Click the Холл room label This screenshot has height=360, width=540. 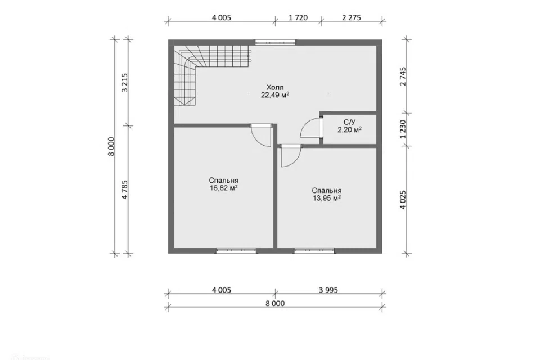click(x=275, y=88)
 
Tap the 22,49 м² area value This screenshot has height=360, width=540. click(x=275, y=95)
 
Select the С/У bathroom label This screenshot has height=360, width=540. click(x=349, y=122)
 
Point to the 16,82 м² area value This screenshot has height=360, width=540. click(x=224, y=188)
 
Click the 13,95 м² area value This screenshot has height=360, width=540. click(x=327, y=198)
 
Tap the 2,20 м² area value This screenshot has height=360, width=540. click(x=349, y=130)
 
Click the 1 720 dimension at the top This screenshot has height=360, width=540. click(x=298, y=17)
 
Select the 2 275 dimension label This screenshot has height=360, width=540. click(x=352, y=17)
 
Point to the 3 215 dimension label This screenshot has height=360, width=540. click(x=124, y=82)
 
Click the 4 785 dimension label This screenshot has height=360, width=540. click(x=124, y=190)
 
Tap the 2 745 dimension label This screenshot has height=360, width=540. click(x=403, y=76)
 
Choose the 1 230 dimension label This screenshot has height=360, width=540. click(x=403, y=129)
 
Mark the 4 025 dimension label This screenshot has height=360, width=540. click(x=403, y=200)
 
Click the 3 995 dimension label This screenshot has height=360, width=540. click(x=328, y=290)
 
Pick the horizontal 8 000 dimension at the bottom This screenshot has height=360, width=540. click(x=275, y=304)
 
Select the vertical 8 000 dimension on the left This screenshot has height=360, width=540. click(x=111, y=146)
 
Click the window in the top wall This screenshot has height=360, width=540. click(x=275, y=42)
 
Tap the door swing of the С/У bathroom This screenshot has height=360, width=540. click(x=310, y=128)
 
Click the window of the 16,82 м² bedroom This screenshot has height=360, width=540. click(x=236, y=250)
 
